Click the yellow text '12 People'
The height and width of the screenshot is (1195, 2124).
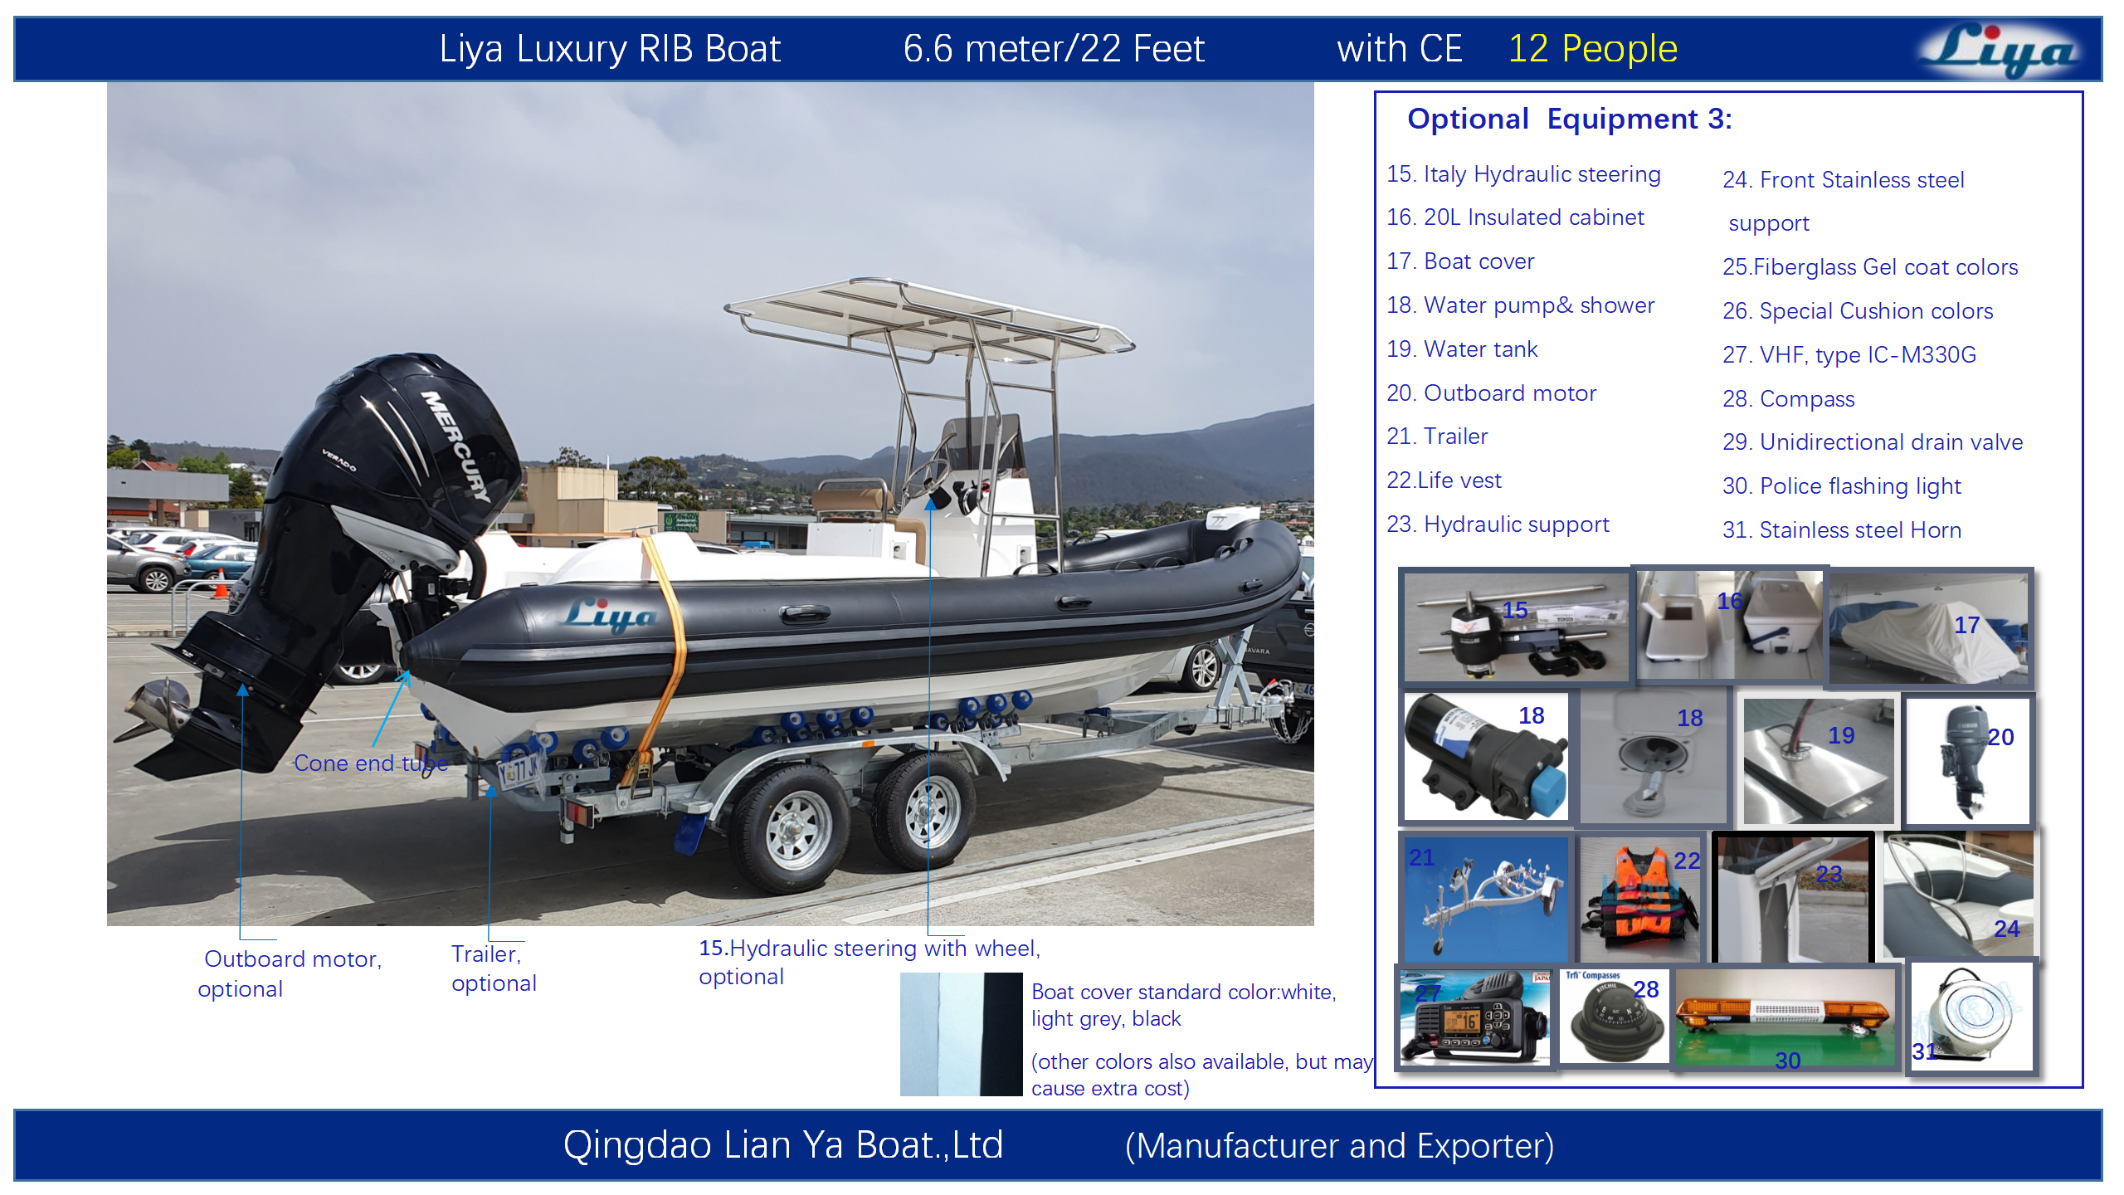pos(1592,49)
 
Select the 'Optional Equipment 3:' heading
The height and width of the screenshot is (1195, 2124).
pos(1569,119)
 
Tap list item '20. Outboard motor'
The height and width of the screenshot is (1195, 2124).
pos(1491,393)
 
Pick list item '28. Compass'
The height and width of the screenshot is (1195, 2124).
pos(1788,399)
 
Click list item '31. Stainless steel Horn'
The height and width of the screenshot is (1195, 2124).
pos(1841,530)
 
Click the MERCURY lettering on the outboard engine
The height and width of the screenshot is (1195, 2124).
pos(456,445)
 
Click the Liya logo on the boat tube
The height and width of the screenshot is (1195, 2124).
pos(610,615)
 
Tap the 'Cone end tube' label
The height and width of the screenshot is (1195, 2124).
pos(370,763)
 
